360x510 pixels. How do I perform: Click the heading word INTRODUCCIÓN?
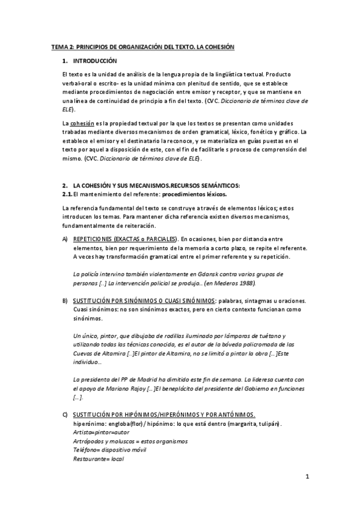95,61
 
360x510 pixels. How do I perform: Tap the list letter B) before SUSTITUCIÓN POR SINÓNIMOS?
65,300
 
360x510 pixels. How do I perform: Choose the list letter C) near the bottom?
65,415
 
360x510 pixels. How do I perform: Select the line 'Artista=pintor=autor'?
99,432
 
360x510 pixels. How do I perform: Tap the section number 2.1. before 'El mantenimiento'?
67,194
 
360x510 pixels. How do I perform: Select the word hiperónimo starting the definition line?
88,423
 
